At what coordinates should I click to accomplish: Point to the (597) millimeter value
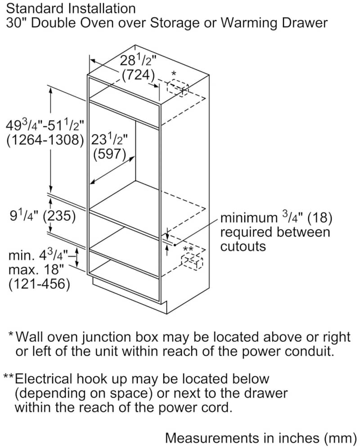tap(110, 154)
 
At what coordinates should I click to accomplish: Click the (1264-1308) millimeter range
tap(45, 140)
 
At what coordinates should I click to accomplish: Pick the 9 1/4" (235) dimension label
tap(43, 216)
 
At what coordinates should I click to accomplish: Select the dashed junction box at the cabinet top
tap(178, 89)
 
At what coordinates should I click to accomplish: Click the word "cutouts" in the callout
tap(243, 246)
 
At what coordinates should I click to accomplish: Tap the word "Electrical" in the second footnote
tap(44, 379)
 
